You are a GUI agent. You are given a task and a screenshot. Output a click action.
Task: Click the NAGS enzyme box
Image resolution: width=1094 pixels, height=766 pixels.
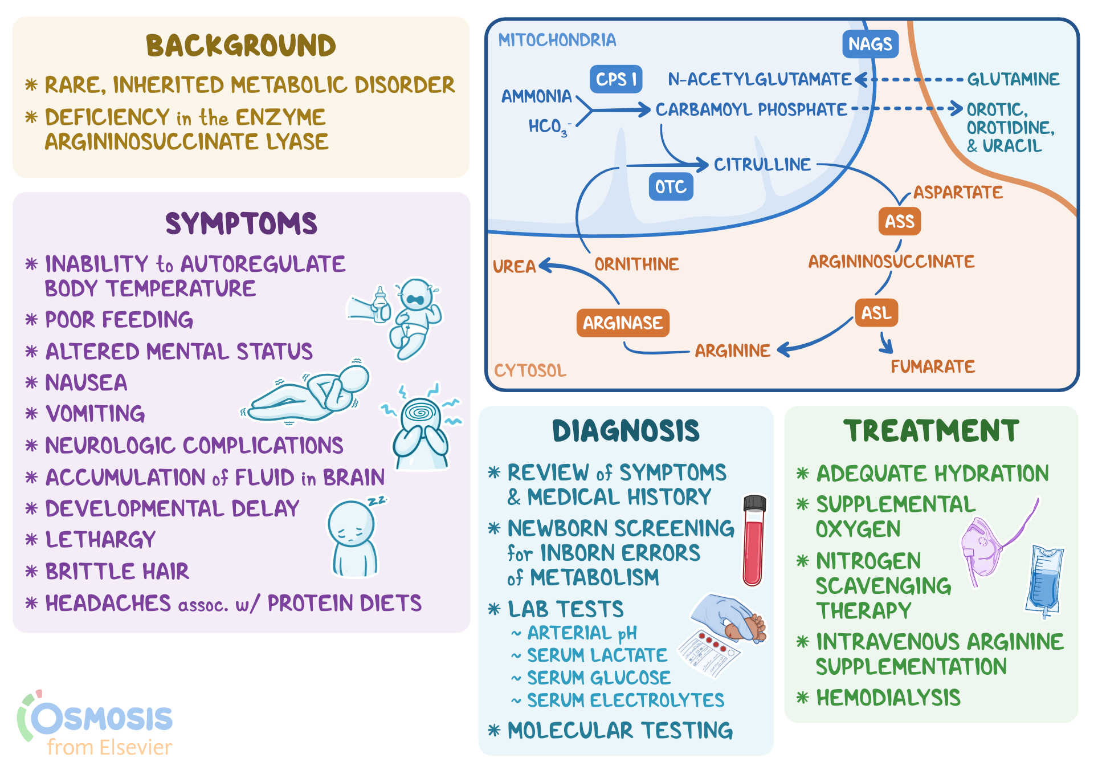pyautogui.click(x=870, y=44)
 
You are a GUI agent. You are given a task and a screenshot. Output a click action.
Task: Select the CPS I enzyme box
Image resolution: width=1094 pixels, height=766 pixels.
pyautogui.click(x=616, y=79)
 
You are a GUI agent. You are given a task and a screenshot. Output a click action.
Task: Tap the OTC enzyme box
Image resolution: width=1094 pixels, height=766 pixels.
pyautogui.click(x=671, y=187)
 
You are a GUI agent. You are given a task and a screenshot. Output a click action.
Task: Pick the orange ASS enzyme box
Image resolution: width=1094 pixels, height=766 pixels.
pyautogui.click(x=899, y=221)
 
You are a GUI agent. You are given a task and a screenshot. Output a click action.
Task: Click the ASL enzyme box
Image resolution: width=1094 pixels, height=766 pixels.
pyautogui.click(x=876, y=313)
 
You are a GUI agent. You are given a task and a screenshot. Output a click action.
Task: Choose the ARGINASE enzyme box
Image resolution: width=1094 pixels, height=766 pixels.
pyautogui.click(x=622, y=323)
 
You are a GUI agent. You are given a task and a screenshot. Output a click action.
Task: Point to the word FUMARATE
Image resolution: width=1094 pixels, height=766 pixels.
pyautogui.click(x=933, y=366)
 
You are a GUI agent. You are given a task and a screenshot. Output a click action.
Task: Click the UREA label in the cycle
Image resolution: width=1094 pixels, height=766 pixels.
pyautogui.click(x=514, y=266)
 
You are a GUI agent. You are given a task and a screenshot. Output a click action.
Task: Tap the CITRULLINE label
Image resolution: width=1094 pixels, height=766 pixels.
pyautogui.click(x=762, y=165)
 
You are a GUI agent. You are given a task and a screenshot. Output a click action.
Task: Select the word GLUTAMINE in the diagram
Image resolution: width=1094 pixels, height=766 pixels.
pyautogui.click(x=1013, y=79)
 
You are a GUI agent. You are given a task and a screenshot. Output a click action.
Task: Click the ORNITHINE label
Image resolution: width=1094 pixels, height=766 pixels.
pyautogui.click(x=636, y=264)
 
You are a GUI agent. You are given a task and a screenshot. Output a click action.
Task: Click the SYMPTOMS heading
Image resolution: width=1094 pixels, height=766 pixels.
pyautogui.click(x=241, y=223)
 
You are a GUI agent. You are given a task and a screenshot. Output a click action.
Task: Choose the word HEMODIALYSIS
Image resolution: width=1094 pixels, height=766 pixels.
pyautogui.click(x=888, y=698)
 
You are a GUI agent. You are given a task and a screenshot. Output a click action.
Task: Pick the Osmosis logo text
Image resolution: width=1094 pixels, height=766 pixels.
pyautogui.click(x=103, y=719)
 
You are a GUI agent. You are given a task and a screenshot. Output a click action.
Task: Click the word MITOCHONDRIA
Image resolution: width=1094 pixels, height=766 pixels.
pyautogui.click(x=557, y=40)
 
